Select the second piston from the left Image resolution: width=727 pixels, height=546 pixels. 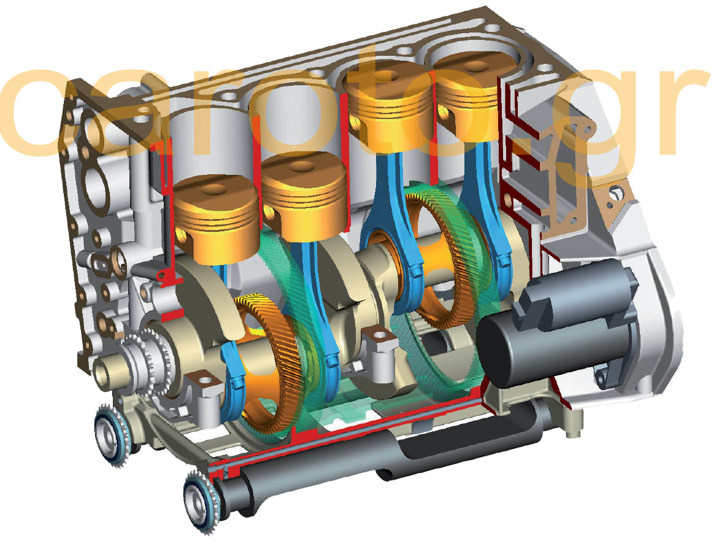point(305,196)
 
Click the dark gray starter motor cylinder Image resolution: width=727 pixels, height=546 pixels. point(556,325)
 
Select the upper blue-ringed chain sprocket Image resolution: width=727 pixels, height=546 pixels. point(111,433)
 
